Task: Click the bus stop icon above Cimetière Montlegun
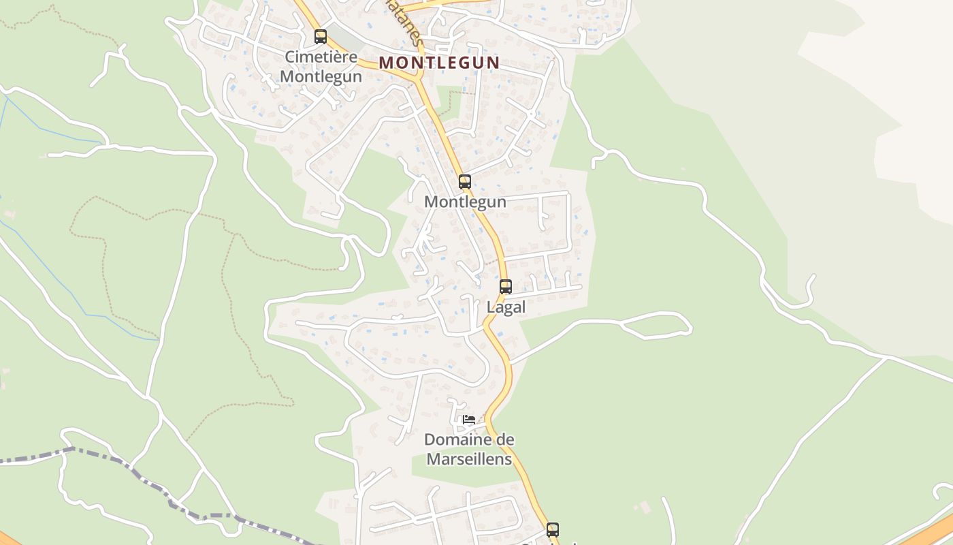tap(320, 37)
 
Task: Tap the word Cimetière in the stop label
tap(321, 57)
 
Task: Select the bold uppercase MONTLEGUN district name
tap(439, 63)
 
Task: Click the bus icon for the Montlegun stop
tap(464, 182)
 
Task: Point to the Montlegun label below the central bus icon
tap(465, 202)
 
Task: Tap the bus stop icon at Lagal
tap(505, 287)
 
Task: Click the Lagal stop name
tap(506, 307)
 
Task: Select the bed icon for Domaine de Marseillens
tap(468, 419)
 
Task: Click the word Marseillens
tap(469, 459)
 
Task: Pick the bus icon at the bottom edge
tap(552, 529)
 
